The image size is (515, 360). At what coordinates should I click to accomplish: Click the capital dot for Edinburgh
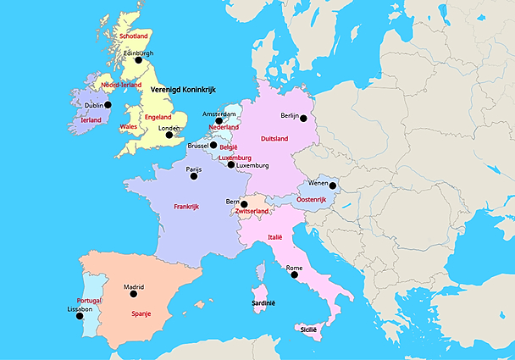[x=138, y=60]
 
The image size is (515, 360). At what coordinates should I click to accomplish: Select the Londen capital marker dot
[x=169, y=135]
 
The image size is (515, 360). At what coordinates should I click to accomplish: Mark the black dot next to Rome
[x=294, y=275]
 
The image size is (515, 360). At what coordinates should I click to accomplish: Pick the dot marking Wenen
[x=333, y=186]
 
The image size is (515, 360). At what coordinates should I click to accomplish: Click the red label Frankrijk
[x=191, y=207]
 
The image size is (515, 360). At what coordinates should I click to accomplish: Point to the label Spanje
[x=141, y=313]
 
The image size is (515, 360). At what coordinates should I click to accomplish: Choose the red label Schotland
[x=135, y=36]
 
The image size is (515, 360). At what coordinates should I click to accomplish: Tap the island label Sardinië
[x=263, y=302]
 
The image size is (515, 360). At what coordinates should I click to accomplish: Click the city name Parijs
[x=194, y=169]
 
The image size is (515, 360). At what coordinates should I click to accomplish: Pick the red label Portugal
[x=89, y=301]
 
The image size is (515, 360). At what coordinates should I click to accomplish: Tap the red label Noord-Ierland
[x=120, y=85]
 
